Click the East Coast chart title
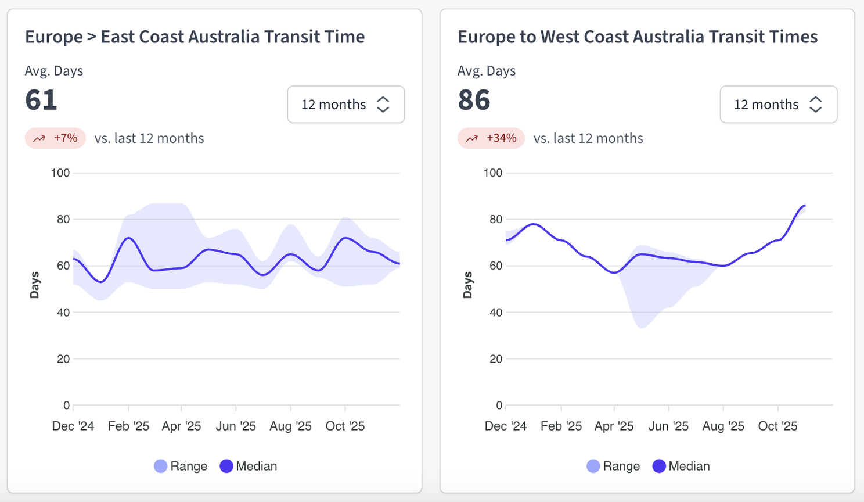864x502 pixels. click(x=195, y=37)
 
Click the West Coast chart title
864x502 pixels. click(x=637, y=37)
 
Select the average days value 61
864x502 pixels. click(x=41, y=100)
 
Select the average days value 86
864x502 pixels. click(x=474, y=100)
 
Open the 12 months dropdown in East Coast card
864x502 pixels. click(x=345, y=105)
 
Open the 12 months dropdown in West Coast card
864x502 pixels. click(x=778, y=105)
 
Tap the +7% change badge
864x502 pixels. click(x=55, y=138)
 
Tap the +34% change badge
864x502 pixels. click(x=491, y=138)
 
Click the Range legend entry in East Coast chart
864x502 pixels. click(x=181, y=466)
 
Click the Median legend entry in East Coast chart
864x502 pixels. click(x=249, y=466)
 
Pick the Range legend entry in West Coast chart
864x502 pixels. click(x=613, y=466)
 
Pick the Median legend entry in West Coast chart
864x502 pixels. click(x=681, y=466)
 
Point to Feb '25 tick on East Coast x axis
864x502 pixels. click(x=128, y=426)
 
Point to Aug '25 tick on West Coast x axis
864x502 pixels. click(x=723, y=426)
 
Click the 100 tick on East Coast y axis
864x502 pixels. click(x=60, y=173)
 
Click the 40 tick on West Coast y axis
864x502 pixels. click(x=495, y=312)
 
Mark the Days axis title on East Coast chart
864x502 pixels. click(x=35, y=285)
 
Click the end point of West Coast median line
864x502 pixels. click(x=805, y=205)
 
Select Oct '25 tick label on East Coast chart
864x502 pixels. click(x=345, y=426)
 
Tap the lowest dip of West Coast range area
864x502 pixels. click(x=641, y=328)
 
